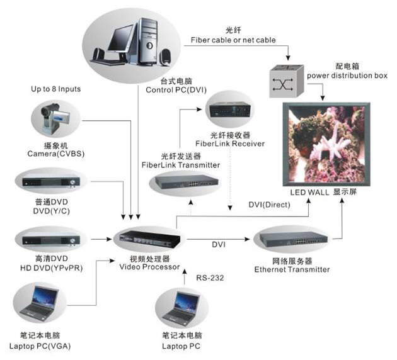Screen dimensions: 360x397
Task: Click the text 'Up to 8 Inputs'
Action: (56, 89)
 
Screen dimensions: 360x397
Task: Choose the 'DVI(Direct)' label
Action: (269, 205)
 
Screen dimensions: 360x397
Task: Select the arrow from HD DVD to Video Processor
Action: (100, 239)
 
